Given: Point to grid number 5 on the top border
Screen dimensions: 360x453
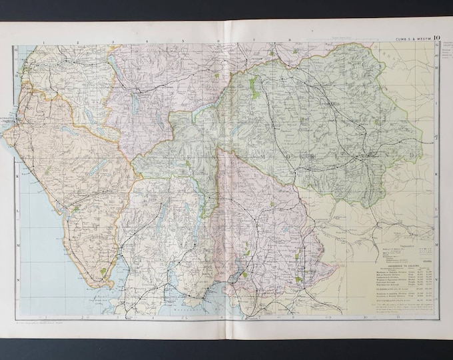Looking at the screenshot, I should (x=183, y=41).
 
